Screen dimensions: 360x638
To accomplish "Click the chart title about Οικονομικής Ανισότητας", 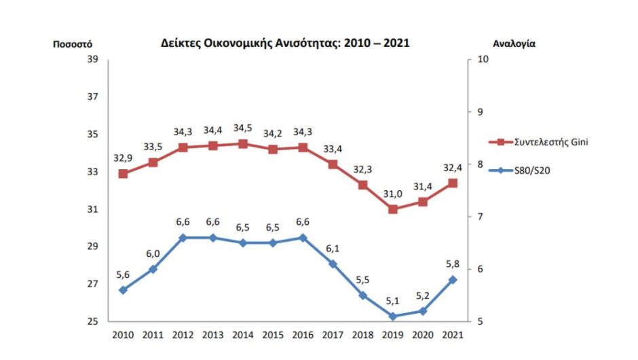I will [x=285, y=43].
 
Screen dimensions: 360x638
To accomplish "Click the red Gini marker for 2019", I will [x=393, y=209].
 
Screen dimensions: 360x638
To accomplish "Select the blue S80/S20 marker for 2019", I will [x=393, y=317].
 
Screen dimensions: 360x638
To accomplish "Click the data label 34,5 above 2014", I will [x=243, y=128].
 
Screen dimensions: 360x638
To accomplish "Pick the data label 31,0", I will [x=394, y=194].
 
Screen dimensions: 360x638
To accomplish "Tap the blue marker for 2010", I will [x=123, y=290].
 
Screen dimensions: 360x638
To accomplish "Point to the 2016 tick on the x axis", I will [x=303, y=335].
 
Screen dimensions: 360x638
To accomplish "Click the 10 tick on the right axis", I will [x=483, y=59].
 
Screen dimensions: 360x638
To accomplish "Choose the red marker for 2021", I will [x=453, y=183].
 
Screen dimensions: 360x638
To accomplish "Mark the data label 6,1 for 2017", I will [x=333, y=249].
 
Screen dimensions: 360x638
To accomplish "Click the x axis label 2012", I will [x=183, y=335].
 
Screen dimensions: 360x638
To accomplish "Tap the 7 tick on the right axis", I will [x=481, y=217].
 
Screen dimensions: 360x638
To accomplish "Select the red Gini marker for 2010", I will [x=123, y=173].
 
